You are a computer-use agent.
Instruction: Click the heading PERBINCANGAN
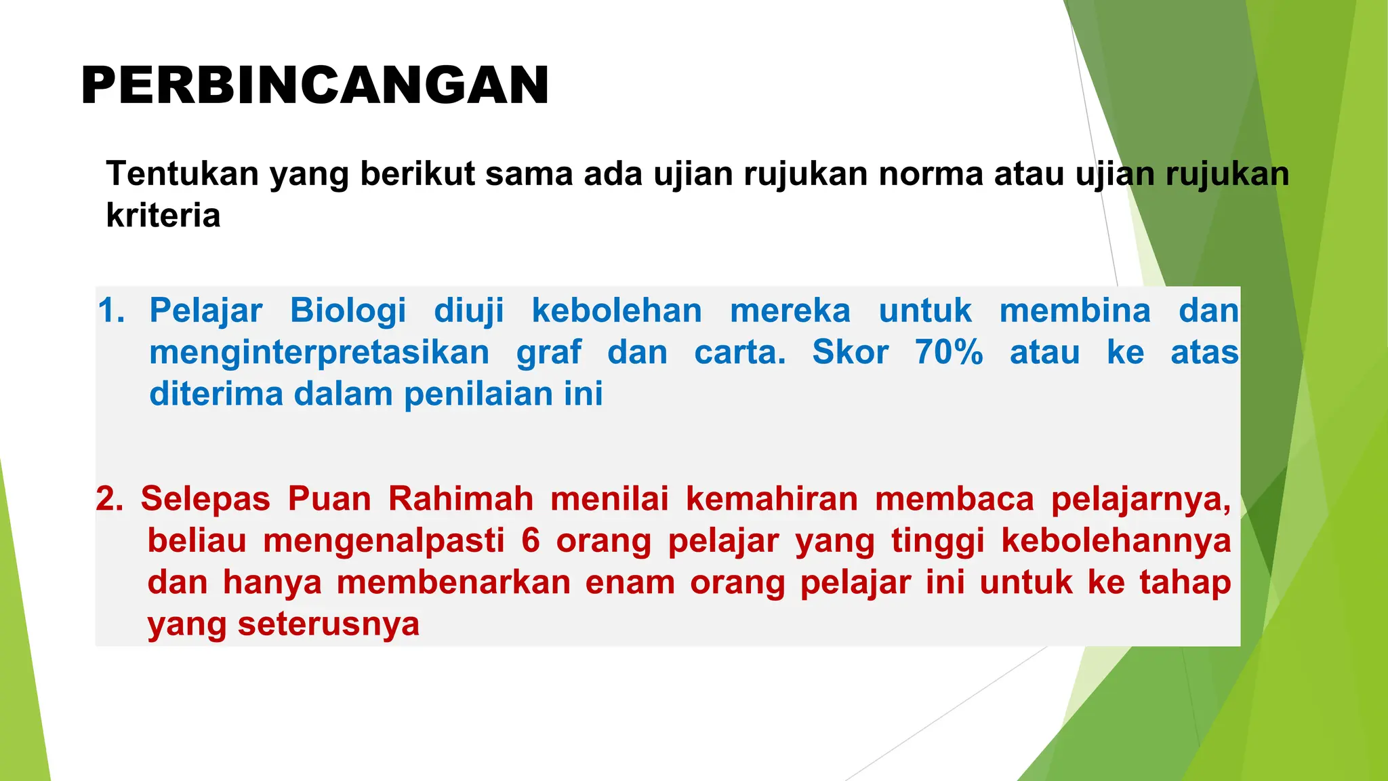(314, 86)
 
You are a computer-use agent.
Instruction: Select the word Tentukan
(182, 174)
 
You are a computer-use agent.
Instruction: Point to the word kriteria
(163, 216)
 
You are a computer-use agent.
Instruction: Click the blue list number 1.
(110, 311)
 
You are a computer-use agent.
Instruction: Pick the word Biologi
(348, 311)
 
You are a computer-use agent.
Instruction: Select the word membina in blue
(1075, 311)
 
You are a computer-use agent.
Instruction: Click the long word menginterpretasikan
(319, 353)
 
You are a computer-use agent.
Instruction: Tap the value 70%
(949, 353)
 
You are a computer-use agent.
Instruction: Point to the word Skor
(850, 353)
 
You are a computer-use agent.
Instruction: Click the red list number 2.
(109, 499)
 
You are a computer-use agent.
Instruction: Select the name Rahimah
(461, 499)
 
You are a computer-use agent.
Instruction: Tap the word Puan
(329, 499)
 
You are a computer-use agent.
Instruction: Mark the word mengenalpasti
(384, 541)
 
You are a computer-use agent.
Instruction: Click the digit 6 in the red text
(531, 541)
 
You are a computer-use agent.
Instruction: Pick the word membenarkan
(453, 582)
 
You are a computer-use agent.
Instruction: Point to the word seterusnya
(329, 624)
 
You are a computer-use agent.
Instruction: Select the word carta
(740, 353)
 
